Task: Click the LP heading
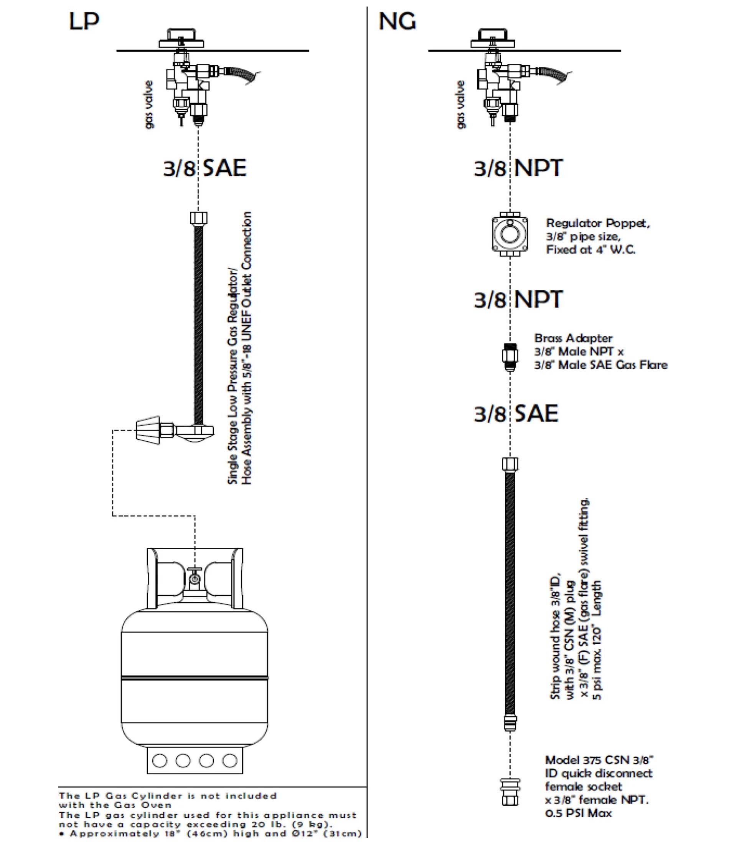click(84, 22)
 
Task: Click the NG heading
click(397, 22)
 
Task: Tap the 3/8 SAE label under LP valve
click(205, 168)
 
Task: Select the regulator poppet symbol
click(510, 234)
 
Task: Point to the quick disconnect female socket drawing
click(510, 792)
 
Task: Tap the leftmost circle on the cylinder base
click(159, 760)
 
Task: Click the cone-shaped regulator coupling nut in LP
click(147, 430)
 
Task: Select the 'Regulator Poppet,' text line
click(597, 224)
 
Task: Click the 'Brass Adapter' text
click(573, 338)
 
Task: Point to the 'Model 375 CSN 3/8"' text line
click(599, 760)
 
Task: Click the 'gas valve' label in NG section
click(461, 105)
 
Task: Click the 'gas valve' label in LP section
click(149, 105)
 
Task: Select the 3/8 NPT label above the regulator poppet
click(518, 168)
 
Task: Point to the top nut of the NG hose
click(510, 464)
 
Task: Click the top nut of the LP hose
click(198, 218)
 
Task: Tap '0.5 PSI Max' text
click(578, 813)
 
